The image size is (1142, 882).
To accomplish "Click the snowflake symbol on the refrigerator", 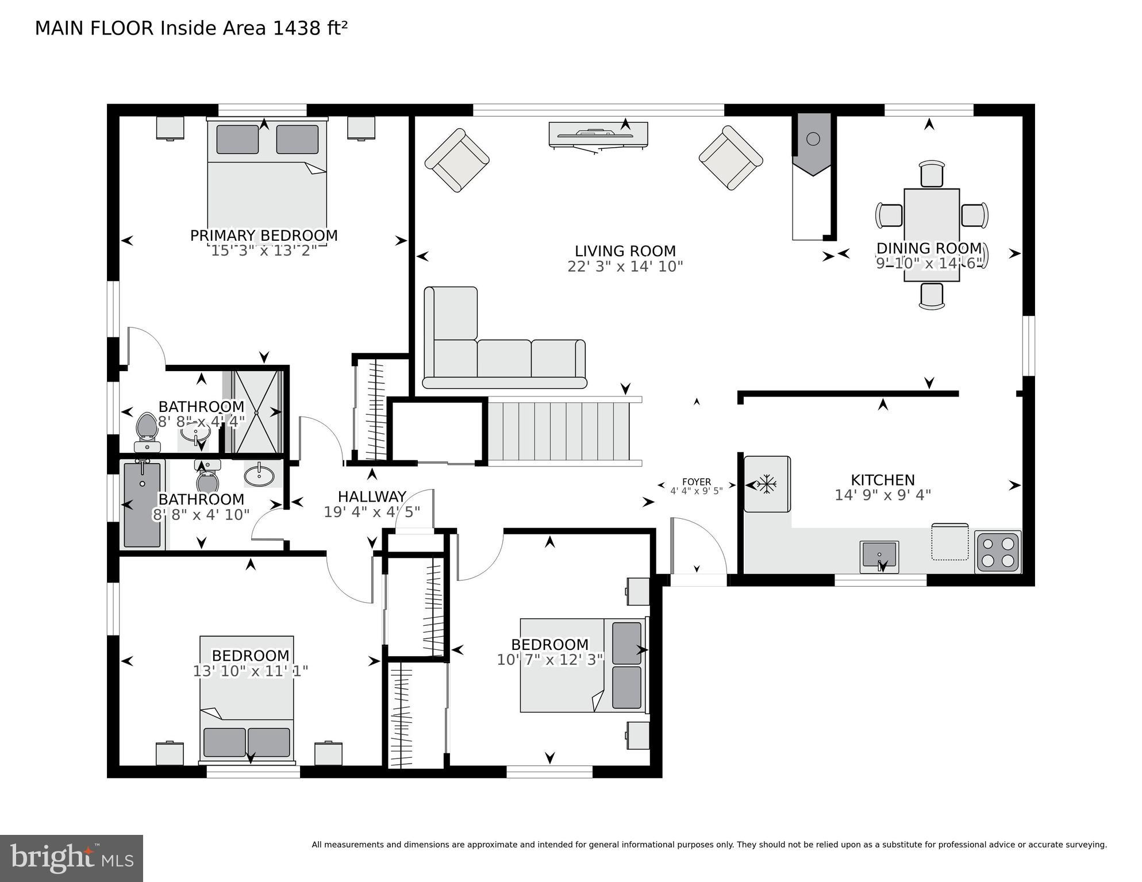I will (766, 484).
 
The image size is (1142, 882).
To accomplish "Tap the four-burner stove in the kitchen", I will (998, 552).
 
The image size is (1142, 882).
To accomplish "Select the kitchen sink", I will (879, 556).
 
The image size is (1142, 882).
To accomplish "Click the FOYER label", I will (696, 482).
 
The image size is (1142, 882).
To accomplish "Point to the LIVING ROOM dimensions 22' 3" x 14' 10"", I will (625, 267).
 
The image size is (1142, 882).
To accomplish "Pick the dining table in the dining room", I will (931, 234).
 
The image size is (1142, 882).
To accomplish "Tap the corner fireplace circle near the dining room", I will (813, 138).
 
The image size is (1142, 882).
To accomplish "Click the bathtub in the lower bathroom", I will (142, 504).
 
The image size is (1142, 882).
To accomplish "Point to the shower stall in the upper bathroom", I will (257, 412).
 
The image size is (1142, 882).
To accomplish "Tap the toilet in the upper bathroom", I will (147, 427).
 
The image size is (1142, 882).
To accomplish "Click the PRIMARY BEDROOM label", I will (264, 236).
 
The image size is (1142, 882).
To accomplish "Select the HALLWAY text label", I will (372, 496).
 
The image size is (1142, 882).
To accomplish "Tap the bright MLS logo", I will (71, 858).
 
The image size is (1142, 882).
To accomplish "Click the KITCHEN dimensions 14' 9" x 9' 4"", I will (882, 495).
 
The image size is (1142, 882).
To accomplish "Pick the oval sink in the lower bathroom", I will (259, 475).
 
